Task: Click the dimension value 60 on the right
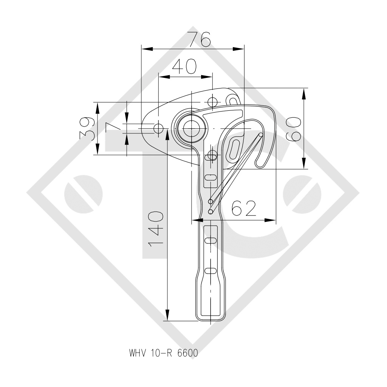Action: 294,128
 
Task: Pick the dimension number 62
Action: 244,209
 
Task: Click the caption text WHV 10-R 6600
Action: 163,354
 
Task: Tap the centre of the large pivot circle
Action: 192,128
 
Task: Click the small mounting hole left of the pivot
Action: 158,128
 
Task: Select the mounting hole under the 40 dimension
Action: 213,102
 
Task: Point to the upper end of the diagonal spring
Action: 261,135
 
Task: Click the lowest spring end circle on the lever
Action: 211,212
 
